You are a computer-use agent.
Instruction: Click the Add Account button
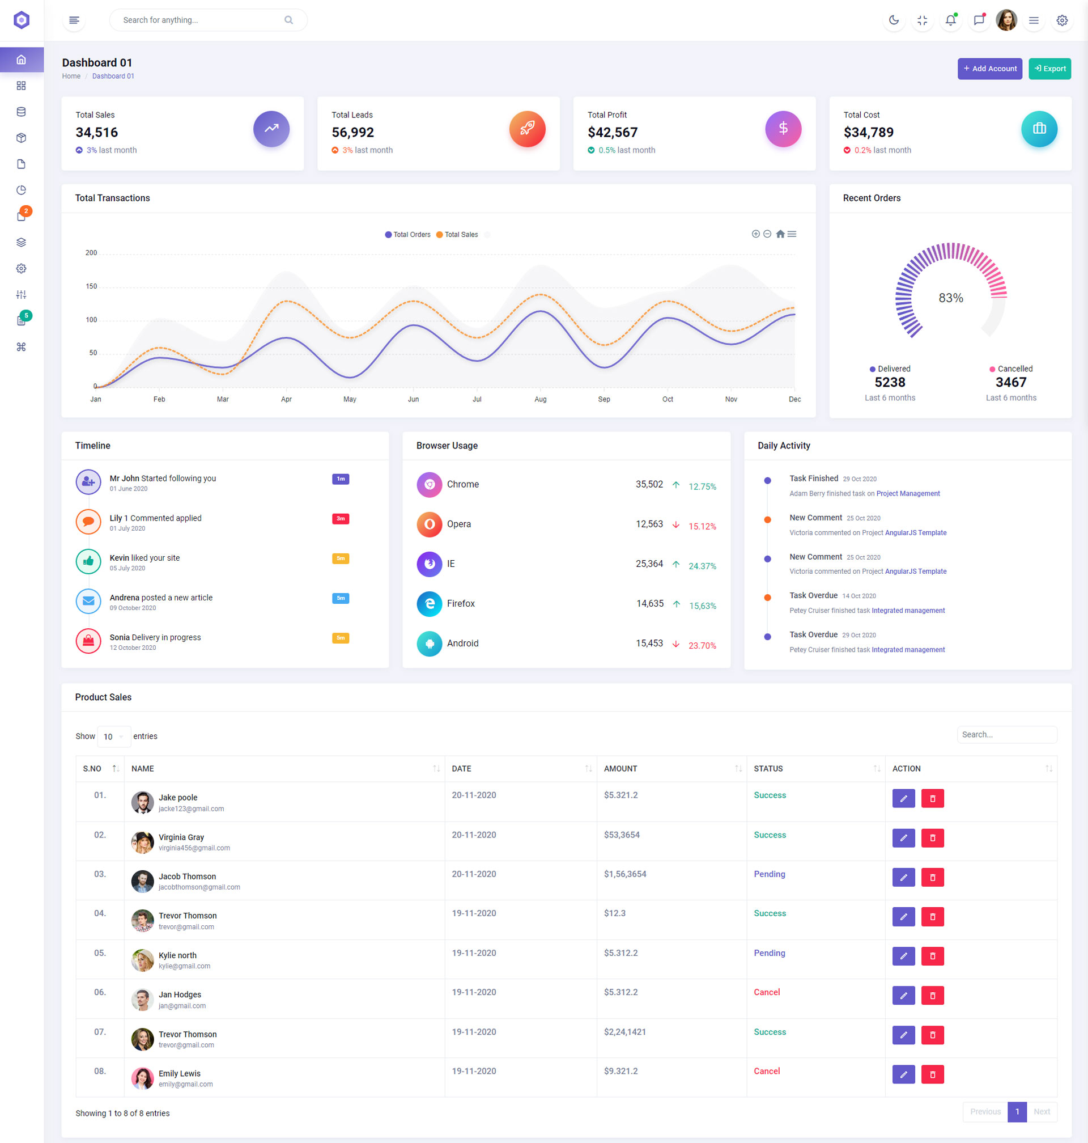point(989,69)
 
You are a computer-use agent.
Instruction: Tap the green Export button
point(1049,69)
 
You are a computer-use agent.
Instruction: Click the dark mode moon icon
point(894,20)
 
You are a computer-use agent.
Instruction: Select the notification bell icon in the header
point(950,20)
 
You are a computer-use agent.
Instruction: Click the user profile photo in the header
point(1006,20)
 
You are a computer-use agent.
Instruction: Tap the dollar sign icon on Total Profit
point(783,129)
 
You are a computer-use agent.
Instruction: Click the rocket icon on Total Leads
point(527,129)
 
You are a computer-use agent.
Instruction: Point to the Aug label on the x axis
point(541,400)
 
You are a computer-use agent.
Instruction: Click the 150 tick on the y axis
point(92,287)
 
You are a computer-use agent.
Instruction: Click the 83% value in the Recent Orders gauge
point(950,298)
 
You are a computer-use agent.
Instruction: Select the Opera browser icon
point(429,524)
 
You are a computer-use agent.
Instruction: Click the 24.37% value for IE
point(702,566)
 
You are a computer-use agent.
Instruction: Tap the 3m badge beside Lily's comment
point(341,519)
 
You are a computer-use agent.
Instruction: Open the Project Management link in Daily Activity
point(908,494)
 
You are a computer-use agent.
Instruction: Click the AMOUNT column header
point(620,769)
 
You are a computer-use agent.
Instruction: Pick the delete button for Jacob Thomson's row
point(932,878)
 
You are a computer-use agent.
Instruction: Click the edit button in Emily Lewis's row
point(903,1074)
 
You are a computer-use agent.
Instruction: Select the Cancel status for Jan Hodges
point(767,993)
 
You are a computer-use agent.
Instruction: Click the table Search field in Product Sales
point(1006,735)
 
